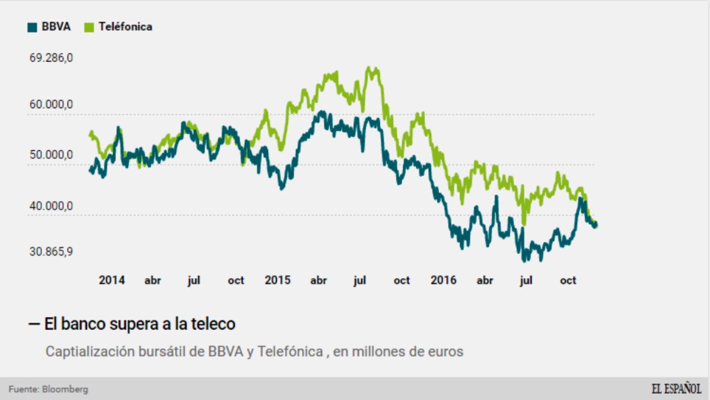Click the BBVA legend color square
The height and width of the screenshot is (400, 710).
click(32, 27)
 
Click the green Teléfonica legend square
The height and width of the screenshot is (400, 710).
click(89, 27)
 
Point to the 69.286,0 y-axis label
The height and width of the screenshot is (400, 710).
click(51, 57)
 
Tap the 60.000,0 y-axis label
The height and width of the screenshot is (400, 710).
click(51, 104)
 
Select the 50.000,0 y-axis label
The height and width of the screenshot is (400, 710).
click(51, 155)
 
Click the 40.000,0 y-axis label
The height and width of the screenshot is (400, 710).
click(51, 206)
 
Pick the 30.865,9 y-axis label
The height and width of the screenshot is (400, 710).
click(51, 252)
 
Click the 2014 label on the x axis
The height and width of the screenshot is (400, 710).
click(112, 280)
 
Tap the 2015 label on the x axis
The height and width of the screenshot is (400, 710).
click(278, 280)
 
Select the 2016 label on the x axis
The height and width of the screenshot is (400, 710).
click(444, 280)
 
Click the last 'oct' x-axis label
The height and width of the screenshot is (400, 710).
click(568, 280)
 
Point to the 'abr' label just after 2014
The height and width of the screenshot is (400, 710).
click(153, 280)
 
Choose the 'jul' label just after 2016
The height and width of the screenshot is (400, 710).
click(526, 280)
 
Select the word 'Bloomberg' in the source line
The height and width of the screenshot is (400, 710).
click(65, 389)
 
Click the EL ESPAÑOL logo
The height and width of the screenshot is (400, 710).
click(676, 388)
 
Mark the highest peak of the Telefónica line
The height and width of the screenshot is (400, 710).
click(368, 67)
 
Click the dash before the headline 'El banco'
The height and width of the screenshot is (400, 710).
click(34, 324)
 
